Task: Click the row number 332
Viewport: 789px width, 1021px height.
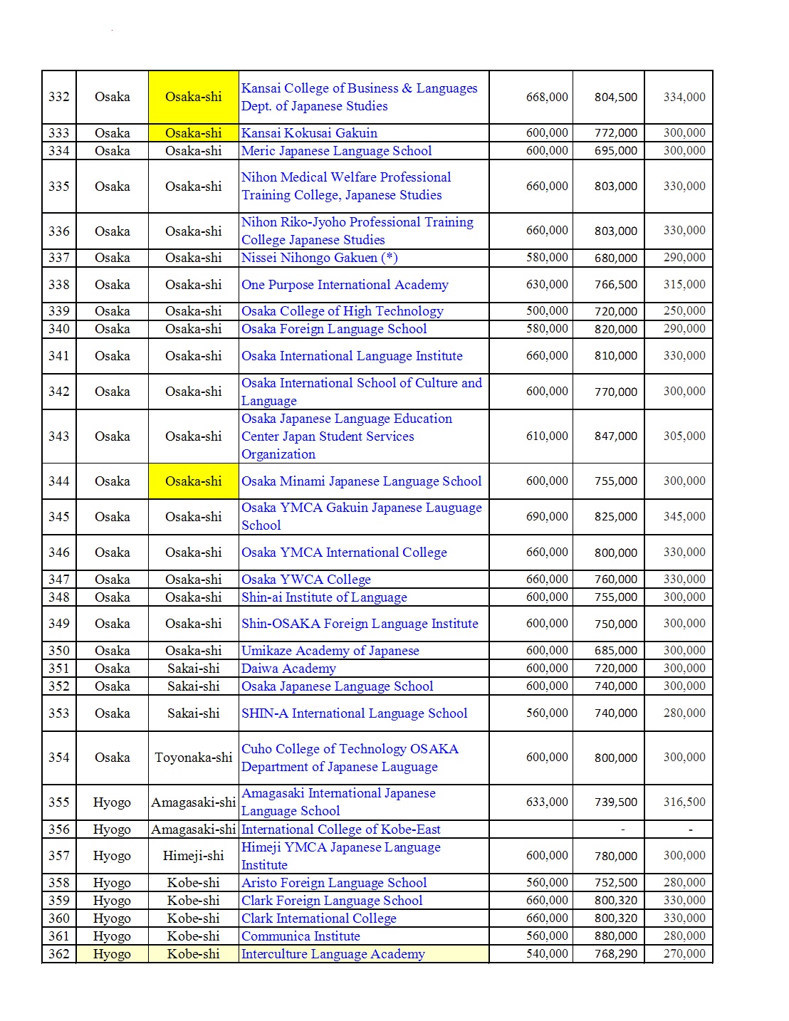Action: [59, 97]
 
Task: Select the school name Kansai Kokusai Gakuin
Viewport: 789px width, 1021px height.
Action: [309, 133]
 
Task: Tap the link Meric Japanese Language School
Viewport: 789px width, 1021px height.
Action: [336, 151]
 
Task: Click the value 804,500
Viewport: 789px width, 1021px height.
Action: [616, 98]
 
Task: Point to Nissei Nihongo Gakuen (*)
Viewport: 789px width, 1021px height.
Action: [309, 258]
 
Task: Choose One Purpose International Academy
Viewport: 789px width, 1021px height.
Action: [345, 285]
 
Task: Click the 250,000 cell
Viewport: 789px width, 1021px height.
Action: [684, 311]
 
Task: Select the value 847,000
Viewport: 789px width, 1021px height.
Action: [616, 436]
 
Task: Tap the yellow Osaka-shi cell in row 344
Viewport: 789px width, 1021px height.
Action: [194, 481]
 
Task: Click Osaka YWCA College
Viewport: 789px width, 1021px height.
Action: [305, 580]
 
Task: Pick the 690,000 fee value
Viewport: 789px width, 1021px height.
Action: [547, 517]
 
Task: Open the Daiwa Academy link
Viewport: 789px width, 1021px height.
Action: [288, 669]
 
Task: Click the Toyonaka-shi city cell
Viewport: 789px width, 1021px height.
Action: [194, 758]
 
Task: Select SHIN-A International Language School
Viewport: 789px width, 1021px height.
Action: [354, 713]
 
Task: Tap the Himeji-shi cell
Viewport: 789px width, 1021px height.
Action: [194, 856]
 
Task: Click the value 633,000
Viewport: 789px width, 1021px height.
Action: [547, 802]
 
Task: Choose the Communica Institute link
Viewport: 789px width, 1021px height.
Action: [301, 936]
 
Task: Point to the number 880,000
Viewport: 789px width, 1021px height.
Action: [616, 936]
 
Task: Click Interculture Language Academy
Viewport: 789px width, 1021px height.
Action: [333, 954]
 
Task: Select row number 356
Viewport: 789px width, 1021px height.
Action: [59, 829]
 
